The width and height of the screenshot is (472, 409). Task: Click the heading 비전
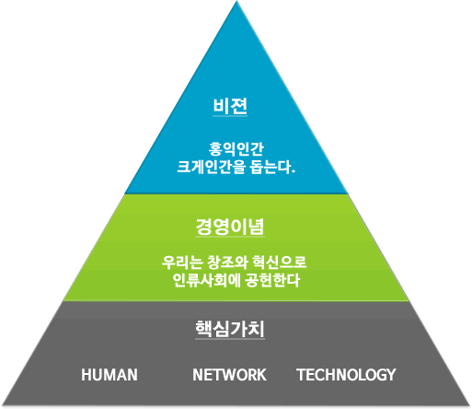point(230,106)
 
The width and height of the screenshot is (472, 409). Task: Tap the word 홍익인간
point(236,149)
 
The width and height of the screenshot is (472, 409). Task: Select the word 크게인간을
point(212,167)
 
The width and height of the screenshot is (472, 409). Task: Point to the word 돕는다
point(272,167)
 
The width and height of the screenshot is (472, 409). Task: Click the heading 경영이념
point(230,227)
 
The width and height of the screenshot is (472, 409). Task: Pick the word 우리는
point(182,263)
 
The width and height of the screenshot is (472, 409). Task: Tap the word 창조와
point(227,263)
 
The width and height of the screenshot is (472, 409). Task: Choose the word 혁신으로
point(280,263)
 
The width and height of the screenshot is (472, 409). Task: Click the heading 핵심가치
point(230,329)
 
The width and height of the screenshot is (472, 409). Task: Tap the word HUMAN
point(109,375)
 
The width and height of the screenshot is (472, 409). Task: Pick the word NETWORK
point(229,375)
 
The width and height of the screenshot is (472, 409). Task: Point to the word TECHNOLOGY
point(346,375)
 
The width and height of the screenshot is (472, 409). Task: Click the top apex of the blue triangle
point(236,1)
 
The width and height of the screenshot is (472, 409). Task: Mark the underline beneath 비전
point(230,116)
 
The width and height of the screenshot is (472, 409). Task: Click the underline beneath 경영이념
point(230,237)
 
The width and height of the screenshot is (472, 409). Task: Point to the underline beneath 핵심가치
point(230,339)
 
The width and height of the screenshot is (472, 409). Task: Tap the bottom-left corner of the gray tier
point(1,404)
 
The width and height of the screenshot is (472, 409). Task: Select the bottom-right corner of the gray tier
point(470,404)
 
